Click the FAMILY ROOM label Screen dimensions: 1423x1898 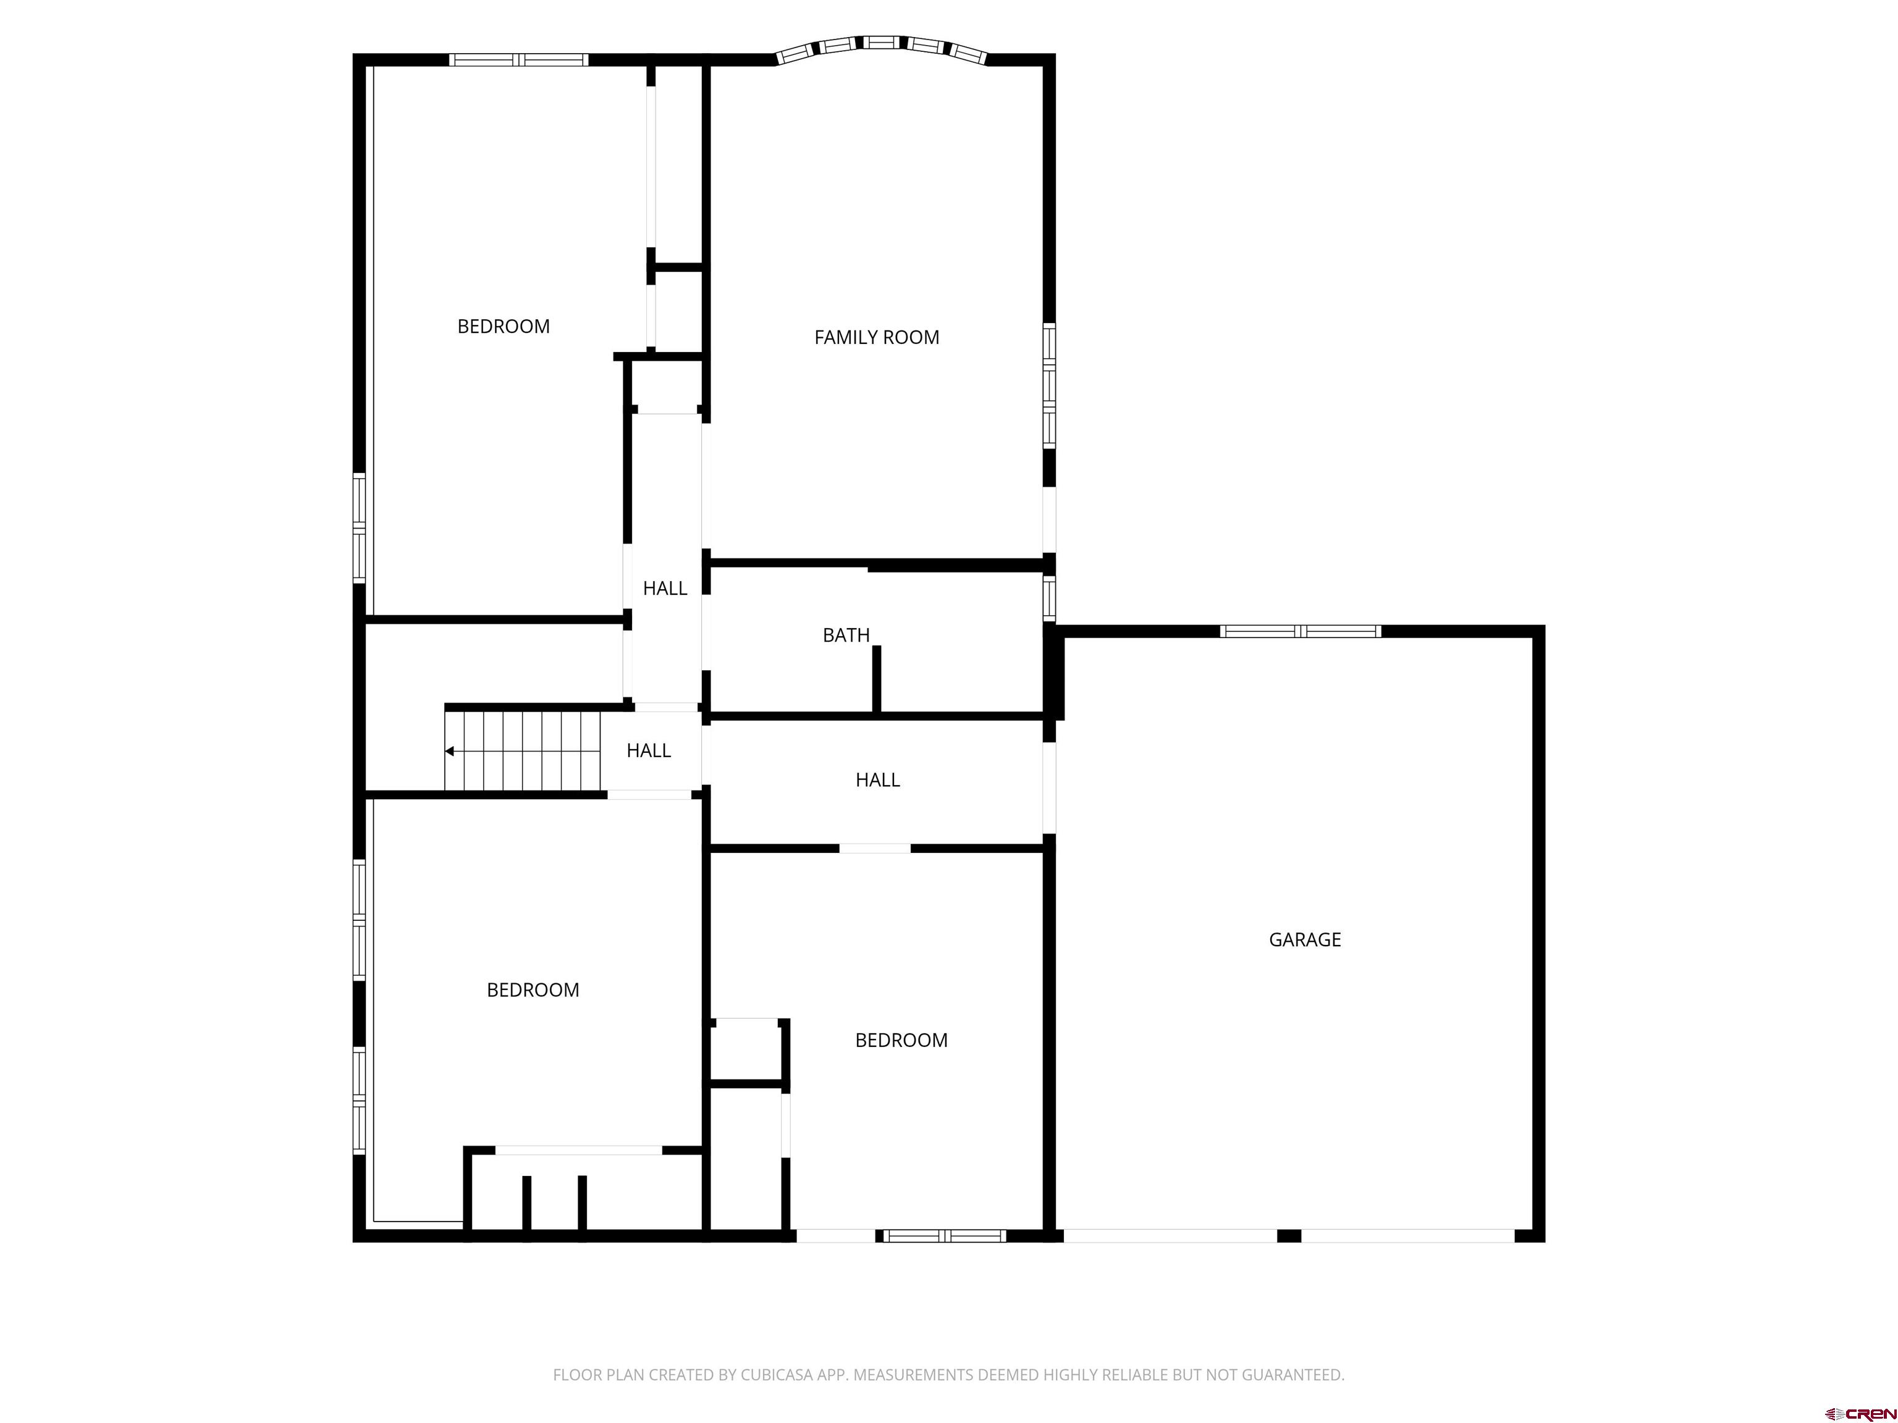click(x=876, y=337)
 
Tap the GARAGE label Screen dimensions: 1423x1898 click(x=1304, y=939)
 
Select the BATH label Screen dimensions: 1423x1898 click(x=846, y=635)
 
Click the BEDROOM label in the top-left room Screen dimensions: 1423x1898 click(x=503, y=326)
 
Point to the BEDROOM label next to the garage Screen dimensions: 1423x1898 click(x=901, y=1039)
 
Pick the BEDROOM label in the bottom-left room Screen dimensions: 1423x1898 click(x=532, y=989)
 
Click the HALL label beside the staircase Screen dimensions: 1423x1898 click(x=648, y=750)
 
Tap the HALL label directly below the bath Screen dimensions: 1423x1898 click(x=877, y=779)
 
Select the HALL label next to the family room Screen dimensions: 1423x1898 click(x=664, y=587)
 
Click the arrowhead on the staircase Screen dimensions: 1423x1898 click(x=449, y=752)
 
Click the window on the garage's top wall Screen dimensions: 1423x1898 click(x=1300, y=631)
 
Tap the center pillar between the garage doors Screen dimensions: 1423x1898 click(x=1289, y=1236)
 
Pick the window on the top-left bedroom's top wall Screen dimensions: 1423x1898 click(x=518, y=60)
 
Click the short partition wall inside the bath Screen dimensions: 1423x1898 click(x=876, y=678)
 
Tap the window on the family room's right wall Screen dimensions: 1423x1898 click(x=1048, y=385)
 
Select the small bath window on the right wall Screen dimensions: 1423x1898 click(x=1048, y=598)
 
